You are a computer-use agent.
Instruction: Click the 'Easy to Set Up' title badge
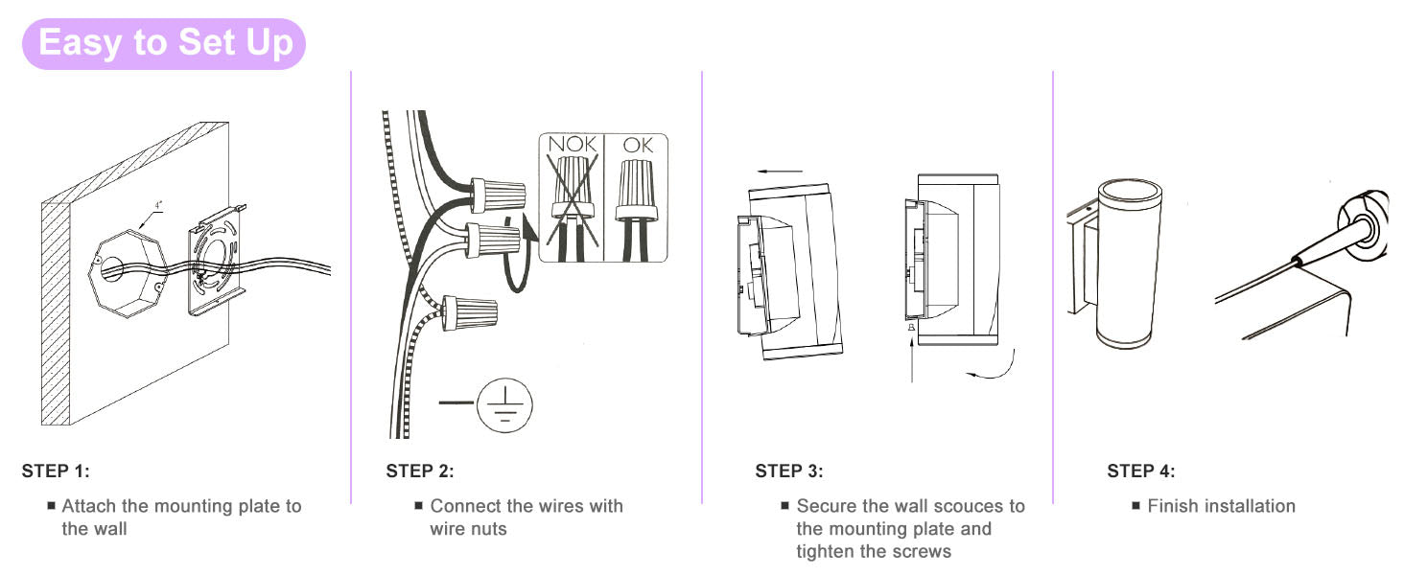pos(164,44)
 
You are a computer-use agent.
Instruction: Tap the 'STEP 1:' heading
pos(55,471)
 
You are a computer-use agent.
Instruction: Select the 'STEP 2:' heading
pos(420,471)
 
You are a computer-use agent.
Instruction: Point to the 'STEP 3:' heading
pos(789,471)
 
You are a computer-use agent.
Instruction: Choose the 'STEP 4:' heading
pos(1141,471)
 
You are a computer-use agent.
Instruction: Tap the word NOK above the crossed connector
pos(572,146)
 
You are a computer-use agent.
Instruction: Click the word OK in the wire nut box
pos(637,146)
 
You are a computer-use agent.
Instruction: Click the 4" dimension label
pos(159,204)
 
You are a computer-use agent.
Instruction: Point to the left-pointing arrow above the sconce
pos(778,171)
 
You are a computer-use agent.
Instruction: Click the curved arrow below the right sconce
pos(994,368)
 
